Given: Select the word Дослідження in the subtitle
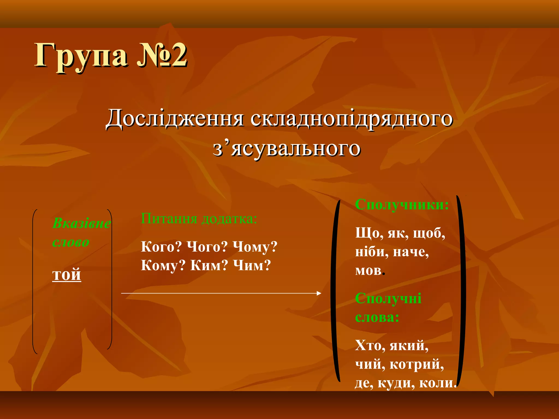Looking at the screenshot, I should [175, 119].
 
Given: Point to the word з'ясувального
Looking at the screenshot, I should [287, 149].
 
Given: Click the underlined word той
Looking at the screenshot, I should [67, 274].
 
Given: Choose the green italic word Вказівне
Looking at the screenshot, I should [81, 223].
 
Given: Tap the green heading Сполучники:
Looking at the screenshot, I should [402, 205].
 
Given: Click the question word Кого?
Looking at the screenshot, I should [161, 247].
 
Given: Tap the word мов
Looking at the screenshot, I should [368, 270].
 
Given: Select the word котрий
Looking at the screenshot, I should [417, 364].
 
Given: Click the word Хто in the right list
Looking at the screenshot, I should [368, 346].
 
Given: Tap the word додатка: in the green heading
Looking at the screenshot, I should [229, 219].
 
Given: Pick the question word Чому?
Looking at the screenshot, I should [255, 247].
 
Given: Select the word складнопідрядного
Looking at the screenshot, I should [352, 119].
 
